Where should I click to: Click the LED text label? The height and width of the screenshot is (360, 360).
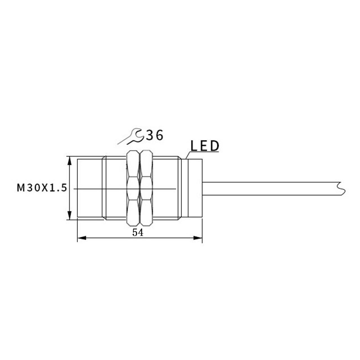(x=204, y=146)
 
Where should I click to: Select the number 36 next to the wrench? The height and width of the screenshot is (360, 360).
(x=154, y=134)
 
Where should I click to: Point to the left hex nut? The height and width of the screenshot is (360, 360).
(x=133, y=188)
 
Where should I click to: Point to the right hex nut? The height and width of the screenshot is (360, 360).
(x=146, y=188)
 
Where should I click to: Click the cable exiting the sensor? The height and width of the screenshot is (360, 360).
(x=270, y=189)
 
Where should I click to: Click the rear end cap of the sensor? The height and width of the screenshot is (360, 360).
(x=195, y=189)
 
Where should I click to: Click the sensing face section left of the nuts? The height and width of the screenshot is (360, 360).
(x=90, y=189)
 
